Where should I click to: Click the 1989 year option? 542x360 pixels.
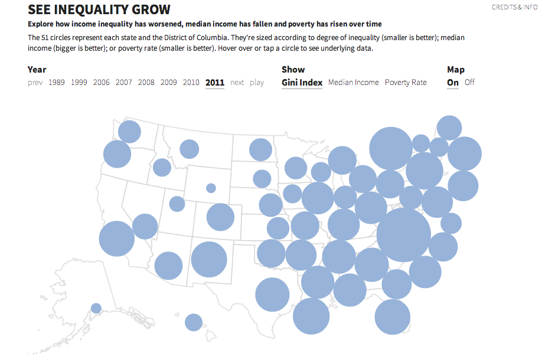coord(57,83)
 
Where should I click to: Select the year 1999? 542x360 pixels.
coord(79,83)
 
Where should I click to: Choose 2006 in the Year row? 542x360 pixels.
coord(102,83)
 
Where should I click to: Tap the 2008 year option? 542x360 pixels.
coord(146,83)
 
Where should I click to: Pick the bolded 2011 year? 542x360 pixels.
coord(215,83)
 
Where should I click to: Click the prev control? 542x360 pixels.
coord(35,83)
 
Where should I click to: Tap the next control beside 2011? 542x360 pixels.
coord(237,83)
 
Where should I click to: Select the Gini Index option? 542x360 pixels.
coord(302,83)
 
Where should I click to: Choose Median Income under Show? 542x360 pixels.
coord(353,83)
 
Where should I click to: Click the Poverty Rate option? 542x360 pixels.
coord(406,83)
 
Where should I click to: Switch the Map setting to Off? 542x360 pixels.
coord(469,83)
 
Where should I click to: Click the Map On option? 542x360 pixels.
coord(453,83)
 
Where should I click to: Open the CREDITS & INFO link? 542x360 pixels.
coord(515,7)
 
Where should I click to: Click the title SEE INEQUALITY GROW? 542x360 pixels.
coord(99,9)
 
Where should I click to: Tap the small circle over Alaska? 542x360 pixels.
coord(96,308)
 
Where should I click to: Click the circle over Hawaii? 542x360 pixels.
coord(194,322)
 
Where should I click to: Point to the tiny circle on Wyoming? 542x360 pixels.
coord(211,188)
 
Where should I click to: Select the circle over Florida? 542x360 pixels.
coord(392,317)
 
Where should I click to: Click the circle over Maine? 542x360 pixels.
coord(449,127)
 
